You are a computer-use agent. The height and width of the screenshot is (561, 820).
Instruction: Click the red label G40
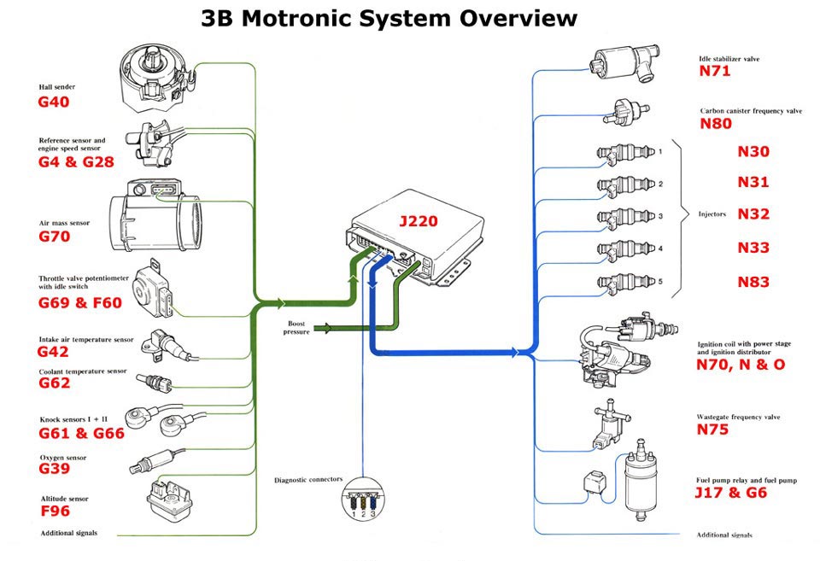coord(53,102)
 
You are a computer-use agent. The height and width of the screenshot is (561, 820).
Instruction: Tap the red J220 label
coord(418,221)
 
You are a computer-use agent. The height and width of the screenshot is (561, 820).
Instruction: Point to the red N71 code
coord(715,72)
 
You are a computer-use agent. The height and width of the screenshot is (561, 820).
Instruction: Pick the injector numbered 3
coord(627,216)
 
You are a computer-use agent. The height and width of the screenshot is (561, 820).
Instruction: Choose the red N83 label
coord(753,283)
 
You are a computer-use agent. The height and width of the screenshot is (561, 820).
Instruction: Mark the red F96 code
coord(55,511)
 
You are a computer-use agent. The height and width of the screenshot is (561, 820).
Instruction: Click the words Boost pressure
coord(296,327)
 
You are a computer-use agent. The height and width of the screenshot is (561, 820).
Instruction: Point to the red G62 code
coord(54,383)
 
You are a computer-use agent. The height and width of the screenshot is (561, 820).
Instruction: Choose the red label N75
coord(713,430)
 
